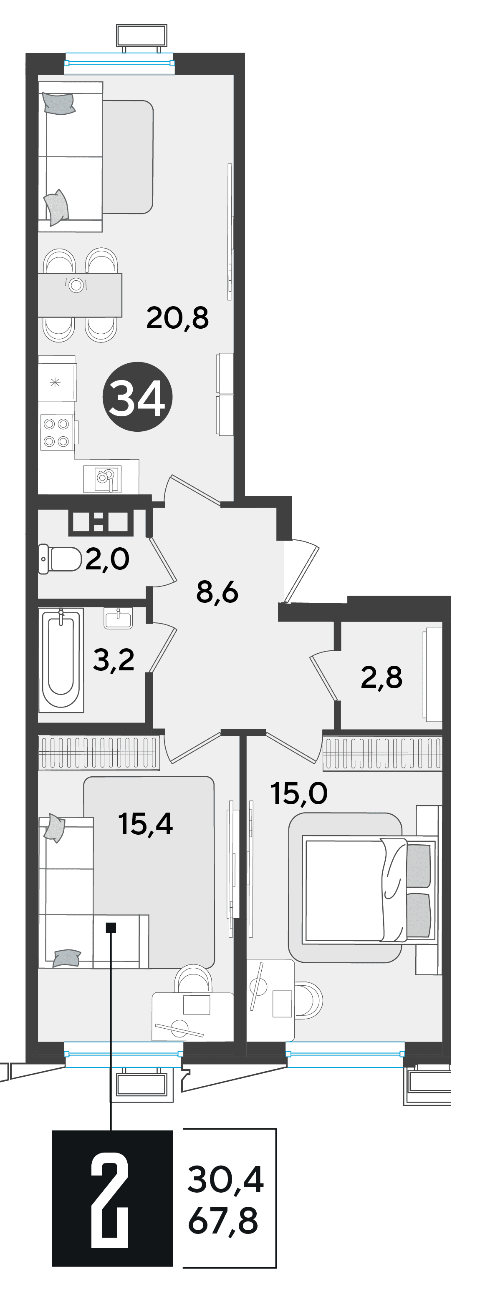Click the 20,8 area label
point(177,318)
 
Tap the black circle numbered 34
point(138,397)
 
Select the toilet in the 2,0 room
point(60,559)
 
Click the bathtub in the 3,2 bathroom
point(61,660)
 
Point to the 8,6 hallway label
point(217,592)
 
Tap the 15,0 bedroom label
point(299,793)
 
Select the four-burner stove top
point(57,432)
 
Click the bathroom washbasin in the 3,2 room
point(119,618)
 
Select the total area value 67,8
point(223,1221)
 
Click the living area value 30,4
point(225,1179)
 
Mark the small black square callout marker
point(111,927)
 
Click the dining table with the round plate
point(80,295)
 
